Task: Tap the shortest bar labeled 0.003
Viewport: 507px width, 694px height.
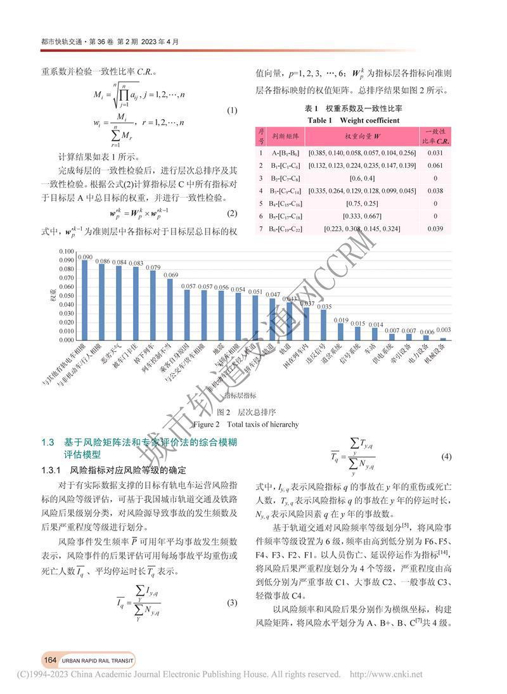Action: click(x=444, y=337)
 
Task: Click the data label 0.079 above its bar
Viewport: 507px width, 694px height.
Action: click(x=153, y=267)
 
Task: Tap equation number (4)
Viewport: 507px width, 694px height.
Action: click(x=446, y=456)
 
